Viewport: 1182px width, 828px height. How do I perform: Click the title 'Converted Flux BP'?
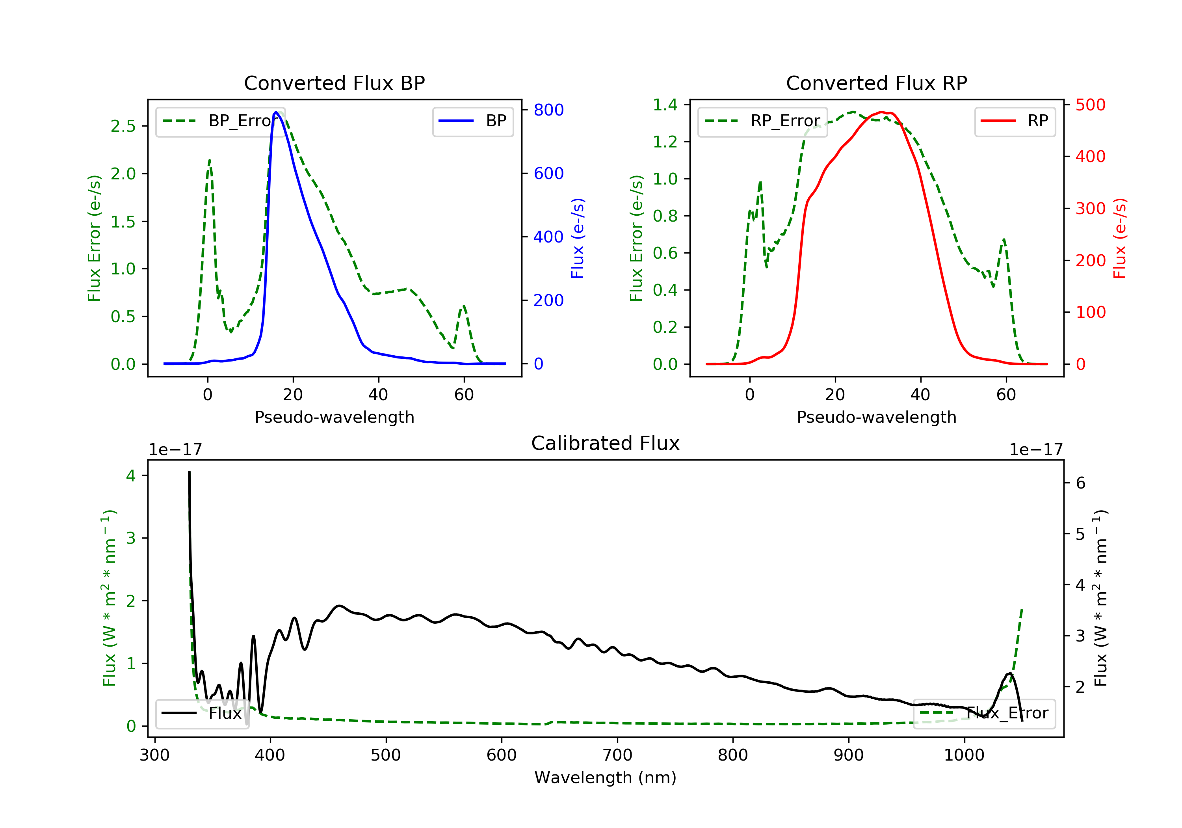pos(334,83)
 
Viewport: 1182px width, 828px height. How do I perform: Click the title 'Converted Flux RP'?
pos(876,83)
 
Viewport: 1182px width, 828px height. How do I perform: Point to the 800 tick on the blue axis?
pos(548,110)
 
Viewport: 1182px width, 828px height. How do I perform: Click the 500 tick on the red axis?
pos(1090,105)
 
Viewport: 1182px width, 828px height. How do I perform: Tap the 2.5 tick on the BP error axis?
pos(124,126)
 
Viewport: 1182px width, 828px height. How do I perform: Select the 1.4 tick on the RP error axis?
pos(665,105)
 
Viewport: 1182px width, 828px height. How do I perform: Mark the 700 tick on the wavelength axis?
pos(617,755)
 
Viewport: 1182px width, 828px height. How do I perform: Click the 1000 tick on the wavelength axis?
pos(964,755)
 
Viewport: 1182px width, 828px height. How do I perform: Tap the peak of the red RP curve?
pos(882,112)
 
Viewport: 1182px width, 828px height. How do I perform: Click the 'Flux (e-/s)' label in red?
pos(1120,238)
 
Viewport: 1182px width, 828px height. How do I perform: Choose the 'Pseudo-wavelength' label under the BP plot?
pos(334,417)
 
